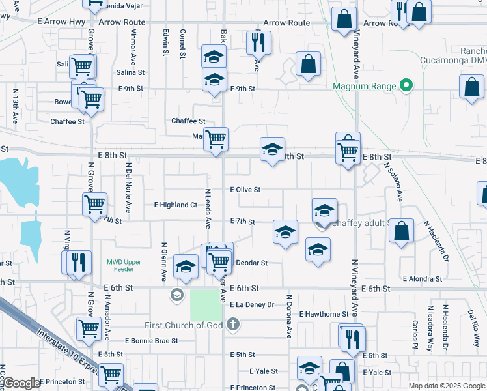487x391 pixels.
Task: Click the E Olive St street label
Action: [245, 190]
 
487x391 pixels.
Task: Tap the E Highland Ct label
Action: [175, 205]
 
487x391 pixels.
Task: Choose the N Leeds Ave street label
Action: [208, 209]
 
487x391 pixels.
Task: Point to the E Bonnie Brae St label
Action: [152, 341]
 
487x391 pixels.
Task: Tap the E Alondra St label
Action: [423, 278]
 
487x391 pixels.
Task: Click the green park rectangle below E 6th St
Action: [206, 304]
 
